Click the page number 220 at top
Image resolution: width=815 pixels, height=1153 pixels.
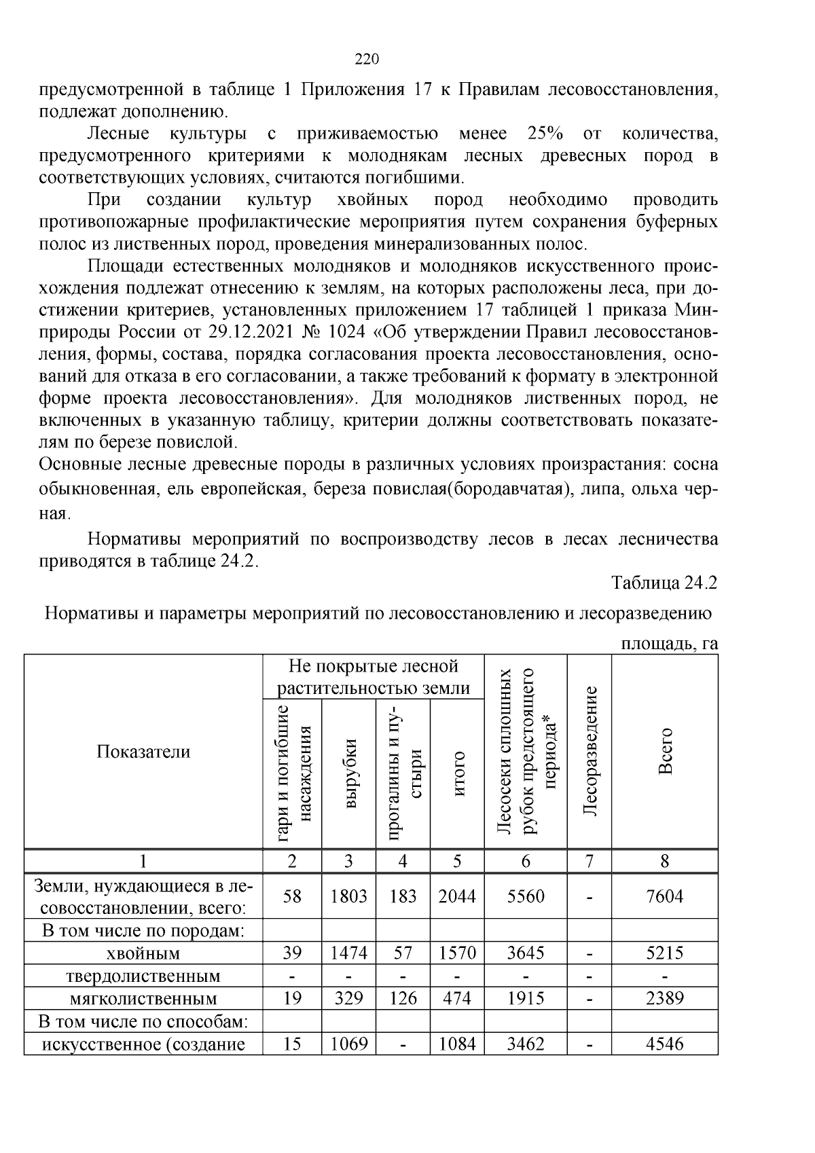(x=367, y=59)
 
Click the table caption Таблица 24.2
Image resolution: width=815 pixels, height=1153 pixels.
(x=664, y=583)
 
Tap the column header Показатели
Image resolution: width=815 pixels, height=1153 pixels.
(x=143, y=752)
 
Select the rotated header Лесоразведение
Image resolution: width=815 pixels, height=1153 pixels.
(x=590, y=752)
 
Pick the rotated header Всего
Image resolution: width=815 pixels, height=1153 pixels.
(x=665, y=752)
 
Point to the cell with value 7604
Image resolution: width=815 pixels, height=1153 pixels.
(x=664, y=896)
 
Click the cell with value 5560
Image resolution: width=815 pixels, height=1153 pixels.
(x=526, y=896)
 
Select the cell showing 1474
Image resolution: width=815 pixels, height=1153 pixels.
(x=348, y=953)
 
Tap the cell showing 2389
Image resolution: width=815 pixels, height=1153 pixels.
(x=664, y=999)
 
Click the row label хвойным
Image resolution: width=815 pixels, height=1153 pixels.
(x=143, y=954)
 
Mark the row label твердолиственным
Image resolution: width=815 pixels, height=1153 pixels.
(x=143, y=976)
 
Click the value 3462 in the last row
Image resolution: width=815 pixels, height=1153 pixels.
(x=526, y=1044)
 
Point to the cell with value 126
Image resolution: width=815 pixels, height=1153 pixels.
(x=403, y=999)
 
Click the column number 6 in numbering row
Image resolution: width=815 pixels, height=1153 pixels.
(x=526, y=861)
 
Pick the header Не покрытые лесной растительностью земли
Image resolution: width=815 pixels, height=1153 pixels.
(x=374, y=677)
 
